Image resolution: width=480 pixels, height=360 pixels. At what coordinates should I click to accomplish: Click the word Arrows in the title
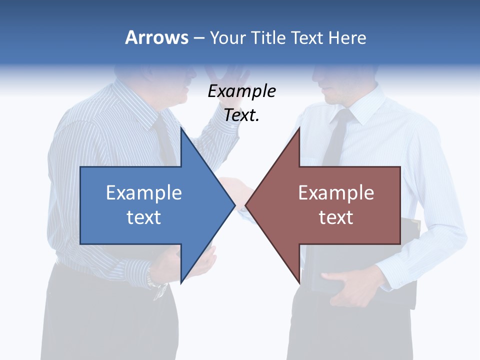tap(156, 37)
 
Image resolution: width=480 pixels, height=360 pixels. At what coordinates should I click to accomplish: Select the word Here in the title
tap(347, 37)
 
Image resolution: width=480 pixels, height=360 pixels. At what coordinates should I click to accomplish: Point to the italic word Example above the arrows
tap(241, 91)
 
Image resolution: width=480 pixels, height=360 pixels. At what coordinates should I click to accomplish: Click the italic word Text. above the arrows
tap(241, 115)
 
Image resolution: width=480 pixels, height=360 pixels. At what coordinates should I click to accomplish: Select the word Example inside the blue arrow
tap(144, 192)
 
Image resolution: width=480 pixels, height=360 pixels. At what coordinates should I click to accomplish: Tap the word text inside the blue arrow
tap(144, 217)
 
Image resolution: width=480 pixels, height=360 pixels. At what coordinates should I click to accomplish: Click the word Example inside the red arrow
tap(336, 192)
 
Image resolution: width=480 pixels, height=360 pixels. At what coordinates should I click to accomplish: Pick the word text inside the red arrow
tap(336, 217)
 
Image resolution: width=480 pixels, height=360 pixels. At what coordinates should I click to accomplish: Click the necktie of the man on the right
tap(337, 135)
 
